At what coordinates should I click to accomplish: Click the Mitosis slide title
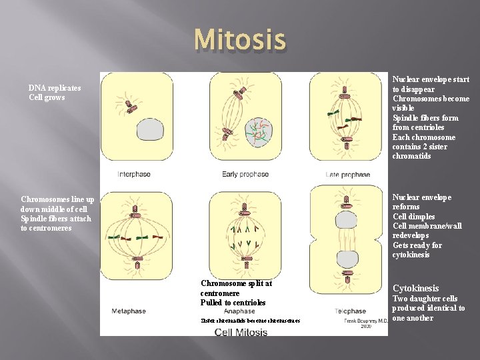tap(240, 40)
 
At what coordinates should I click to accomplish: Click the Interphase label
tap(134, 175)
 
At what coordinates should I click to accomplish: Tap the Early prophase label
tap(245, 175)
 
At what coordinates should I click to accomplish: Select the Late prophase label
tap(348, 175)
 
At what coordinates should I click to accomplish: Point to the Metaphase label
tap(129, 311)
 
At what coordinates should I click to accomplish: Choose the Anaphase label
tap(239, 311)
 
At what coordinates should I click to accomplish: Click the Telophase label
tap(351, 311)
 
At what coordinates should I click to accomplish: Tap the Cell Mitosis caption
tap(241, 332)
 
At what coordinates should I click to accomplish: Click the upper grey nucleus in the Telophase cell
tap(347, 220)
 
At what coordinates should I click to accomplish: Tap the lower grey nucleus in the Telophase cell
tap(347, 259)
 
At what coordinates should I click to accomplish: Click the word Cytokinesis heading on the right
tap(415, 289)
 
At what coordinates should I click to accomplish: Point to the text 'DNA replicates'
tap(55, 88)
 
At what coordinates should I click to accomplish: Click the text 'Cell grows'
tap(47, 98)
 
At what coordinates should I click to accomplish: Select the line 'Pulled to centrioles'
tap(233, 303)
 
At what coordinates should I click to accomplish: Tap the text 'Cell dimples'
tap(413, 217)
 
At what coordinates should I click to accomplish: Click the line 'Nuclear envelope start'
tap(431, 79)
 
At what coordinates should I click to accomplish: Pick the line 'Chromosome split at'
tap(236, 283)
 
